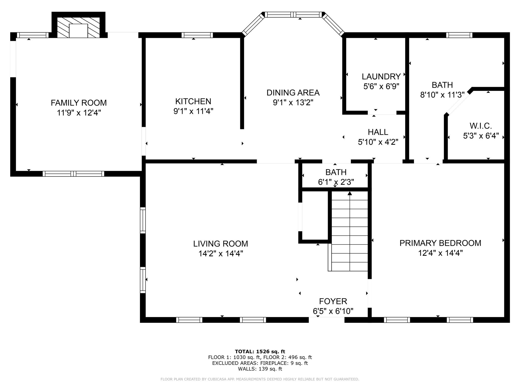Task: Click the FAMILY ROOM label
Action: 79,103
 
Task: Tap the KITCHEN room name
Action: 193,101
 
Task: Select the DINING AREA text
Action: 293,93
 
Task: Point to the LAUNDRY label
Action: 381,76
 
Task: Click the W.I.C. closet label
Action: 481,126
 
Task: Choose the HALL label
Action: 378,132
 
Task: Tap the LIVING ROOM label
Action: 221,244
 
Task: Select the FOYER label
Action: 333,301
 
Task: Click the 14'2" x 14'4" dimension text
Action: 221,253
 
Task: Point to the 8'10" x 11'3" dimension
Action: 442,95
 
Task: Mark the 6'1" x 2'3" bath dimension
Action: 336,182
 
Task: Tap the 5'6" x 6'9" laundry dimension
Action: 381,86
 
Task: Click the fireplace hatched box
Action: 78,27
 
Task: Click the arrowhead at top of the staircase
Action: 350,193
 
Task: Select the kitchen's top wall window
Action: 197,35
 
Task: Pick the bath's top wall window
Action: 459,35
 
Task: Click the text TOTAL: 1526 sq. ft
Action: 260,352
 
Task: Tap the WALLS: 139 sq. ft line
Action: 260,369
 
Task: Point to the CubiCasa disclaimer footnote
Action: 260,379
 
